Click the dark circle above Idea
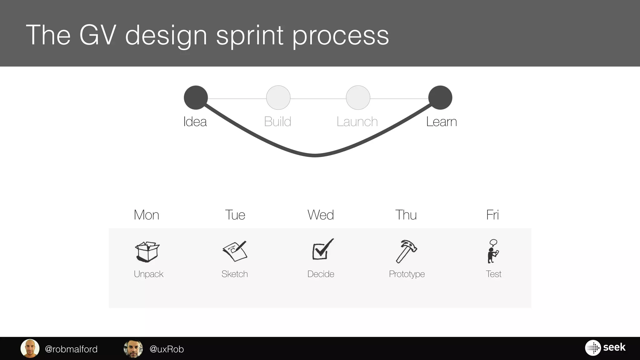[196, 97]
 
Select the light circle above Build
[278, 97]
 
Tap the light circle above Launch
[358, 97]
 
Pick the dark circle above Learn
[440, 97]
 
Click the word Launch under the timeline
[357, 122]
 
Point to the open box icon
[147, 252]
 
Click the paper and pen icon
[235, 251]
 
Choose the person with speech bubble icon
[493, 251]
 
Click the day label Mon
[146, 215]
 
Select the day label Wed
[321, 215]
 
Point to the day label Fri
[492, 215]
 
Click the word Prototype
[407, 274]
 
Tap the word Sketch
[235, 274]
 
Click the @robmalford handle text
[71, 349]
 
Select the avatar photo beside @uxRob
[133, 348]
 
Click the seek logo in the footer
[605, 347]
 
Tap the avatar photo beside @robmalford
[30, 348]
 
